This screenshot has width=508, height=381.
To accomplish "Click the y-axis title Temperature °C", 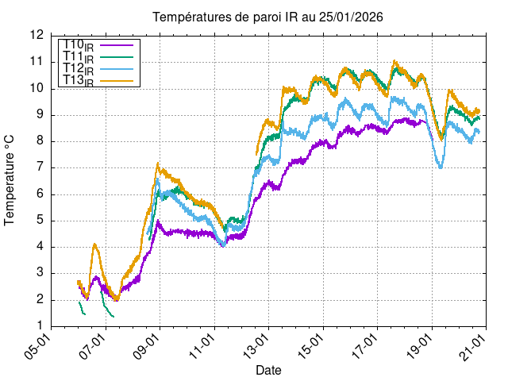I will [x=10, y=181].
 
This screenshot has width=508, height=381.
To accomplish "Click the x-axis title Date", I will [x=268, y=370].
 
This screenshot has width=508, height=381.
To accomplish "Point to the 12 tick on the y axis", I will [x=37, y=35].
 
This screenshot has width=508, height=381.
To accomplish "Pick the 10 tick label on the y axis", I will [x=37, y=88].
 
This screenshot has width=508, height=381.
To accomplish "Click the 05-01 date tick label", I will [x=40, y=347].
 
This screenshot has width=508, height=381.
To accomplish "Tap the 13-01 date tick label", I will [x=257, y=347].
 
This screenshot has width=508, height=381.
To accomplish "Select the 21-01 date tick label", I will [x=475, y=347].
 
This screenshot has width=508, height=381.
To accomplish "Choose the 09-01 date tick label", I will [x=149, y=347].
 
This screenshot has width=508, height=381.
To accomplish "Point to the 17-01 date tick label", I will [x=366, y=347].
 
